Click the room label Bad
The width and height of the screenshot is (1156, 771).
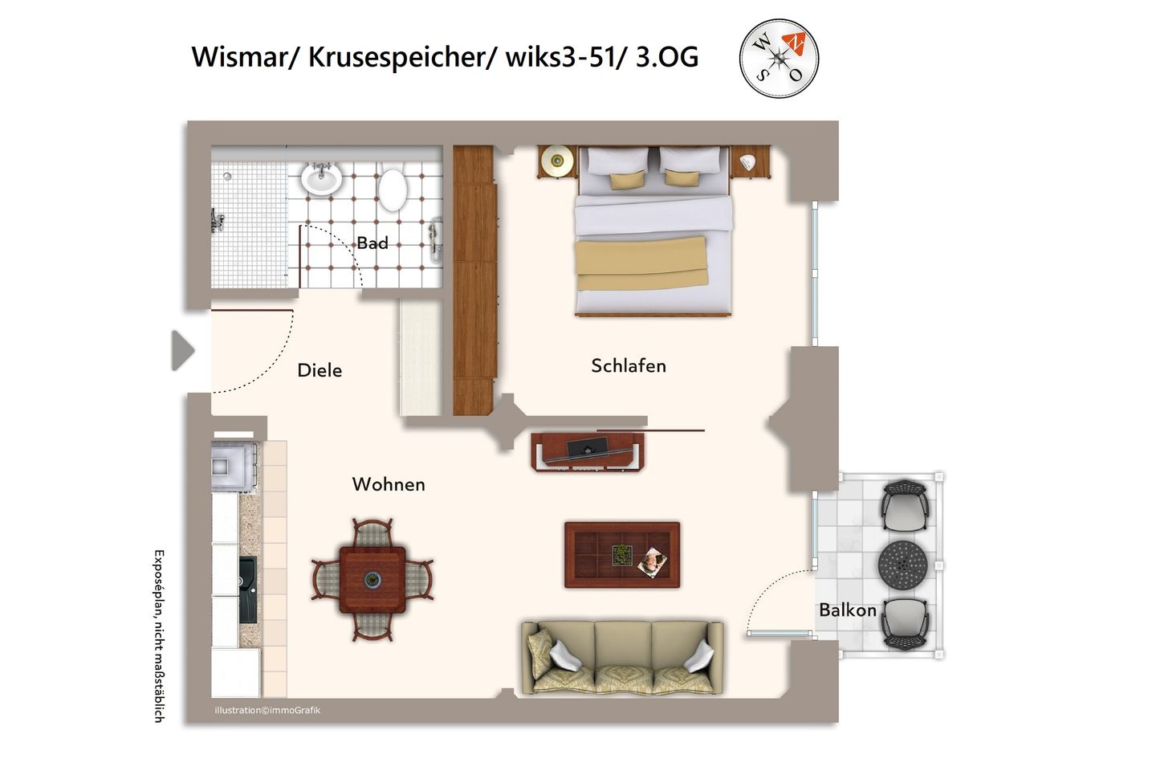pos(372,243)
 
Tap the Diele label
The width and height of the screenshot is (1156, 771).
pos(320,370)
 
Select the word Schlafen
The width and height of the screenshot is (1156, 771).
pos(629,365)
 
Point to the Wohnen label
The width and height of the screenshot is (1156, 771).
pos(389,484)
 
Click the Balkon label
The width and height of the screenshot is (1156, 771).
pos(847,610)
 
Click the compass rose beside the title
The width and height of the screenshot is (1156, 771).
pos(779,59)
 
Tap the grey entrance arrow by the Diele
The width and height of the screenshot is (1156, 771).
pos(183,351)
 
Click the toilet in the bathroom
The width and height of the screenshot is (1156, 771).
pos(393,188)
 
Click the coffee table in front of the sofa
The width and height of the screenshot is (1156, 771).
pos(622,555)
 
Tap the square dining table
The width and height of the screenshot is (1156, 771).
pos(372,579)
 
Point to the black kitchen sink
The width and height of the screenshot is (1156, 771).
pos(248,590)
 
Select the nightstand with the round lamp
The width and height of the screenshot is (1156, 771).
pos(556,161)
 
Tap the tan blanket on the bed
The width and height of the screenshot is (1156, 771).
pos(642,262)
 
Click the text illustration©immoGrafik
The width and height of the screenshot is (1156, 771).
pos(267,711)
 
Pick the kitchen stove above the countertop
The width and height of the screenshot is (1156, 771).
pos(233,466)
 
